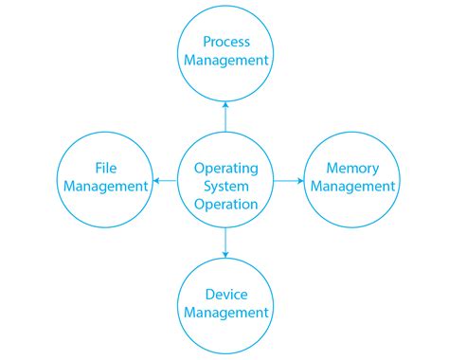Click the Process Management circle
[225, 51]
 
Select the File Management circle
[104, 177]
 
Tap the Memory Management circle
[352, 177]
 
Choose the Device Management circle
[225, 303]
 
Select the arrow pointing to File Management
[165, 178]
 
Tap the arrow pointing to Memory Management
[288, 178]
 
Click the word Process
[226, 42]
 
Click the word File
[104, 169]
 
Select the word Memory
[352, 169]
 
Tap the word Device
[226, 294]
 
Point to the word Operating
[226, 168]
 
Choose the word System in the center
[226, 186]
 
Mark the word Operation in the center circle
[226, 204]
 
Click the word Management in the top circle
[226, 61]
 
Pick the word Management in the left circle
[104, 187]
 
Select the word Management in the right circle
[352, 187]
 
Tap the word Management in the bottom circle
[226, 313]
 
